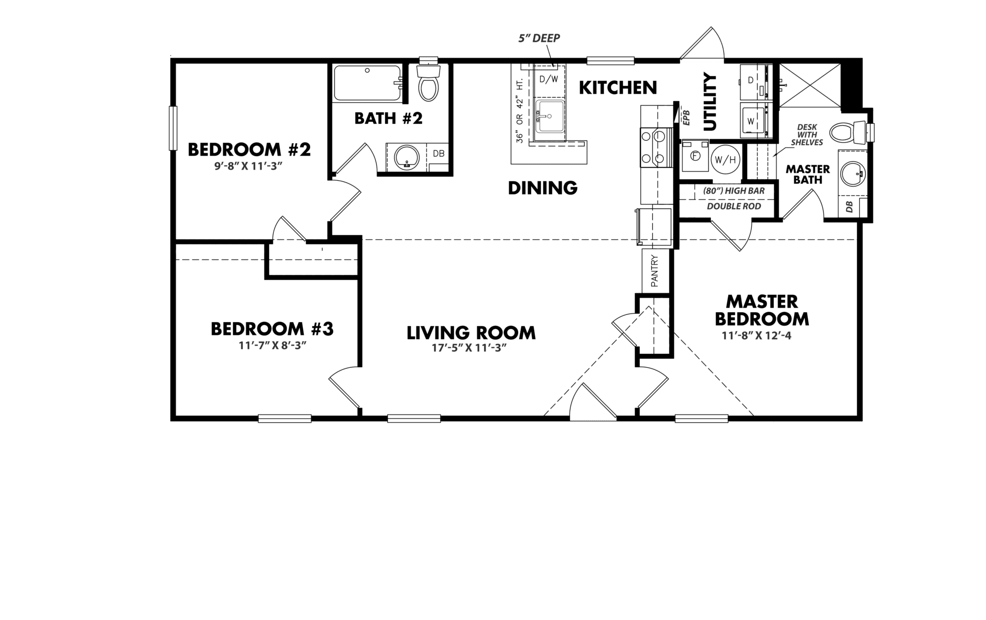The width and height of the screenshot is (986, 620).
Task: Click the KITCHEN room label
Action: pyautogui.click(x=618, y=88)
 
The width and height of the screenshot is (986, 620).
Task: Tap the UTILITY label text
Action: pyautogui.click(x=709, y=102)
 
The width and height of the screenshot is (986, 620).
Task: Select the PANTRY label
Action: pyautogui.click(x=655, y=271)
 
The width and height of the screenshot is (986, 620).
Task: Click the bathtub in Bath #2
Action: pyautogui.click(x=367, y=83)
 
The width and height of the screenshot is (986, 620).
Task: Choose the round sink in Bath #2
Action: pyautogui.click(x=407, y=158)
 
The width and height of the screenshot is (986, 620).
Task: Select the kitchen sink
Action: pyautogui.click(x=549, y=120)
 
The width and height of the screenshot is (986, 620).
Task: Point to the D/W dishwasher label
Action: pyautogui.click(x=548, y=80)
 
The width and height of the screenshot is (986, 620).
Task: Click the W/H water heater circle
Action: pyautogui.click(x=725, y=160)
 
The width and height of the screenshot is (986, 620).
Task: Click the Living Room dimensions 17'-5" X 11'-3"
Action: pyautogui.click(x=469, y=348)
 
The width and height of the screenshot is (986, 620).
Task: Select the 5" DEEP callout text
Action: pyautogui.click(x=538, y=38)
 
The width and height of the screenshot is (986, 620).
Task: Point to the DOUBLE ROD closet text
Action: pyautogui.click(x=734, y=206)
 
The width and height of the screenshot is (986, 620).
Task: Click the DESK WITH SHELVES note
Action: pyautogui.click(x=807, y=135)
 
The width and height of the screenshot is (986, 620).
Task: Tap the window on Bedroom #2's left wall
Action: pyautogui.click(x=173, y=128)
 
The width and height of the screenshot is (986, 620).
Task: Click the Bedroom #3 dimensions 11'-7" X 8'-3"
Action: pyautogui.click(x=272, y=345)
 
